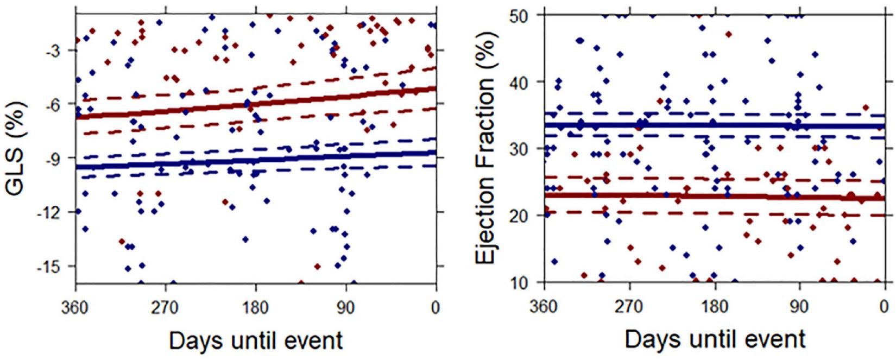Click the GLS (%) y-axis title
[16, 148]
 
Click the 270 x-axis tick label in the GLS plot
[165, 308]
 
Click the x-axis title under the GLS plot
[256, 340]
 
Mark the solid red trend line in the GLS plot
[255, 103]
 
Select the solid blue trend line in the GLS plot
[255, 160]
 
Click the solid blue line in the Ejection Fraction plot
[715, 125]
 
